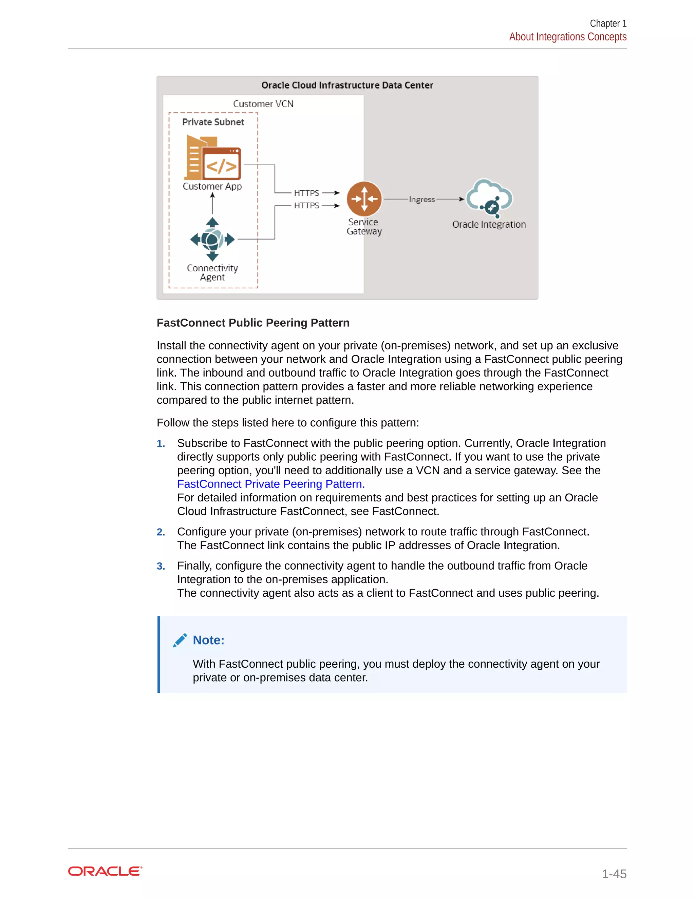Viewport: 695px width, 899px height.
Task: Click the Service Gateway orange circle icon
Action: pos(364,199)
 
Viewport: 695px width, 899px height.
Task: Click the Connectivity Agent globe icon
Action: pos(212,239)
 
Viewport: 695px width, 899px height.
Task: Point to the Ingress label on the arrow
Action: pos(421,199)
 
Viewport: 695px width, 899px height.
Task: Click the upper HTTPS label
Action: pos(306,193)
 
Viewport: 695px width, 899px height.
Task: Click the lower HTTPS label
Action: pos(306,205)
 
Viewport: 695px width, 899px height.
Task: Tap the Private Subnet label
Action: pos(213,122)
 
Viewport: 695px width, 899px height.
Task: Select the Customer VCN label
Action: pos(263,104)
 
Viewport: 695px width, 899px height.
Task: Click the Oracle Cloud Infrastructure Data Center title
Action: pos(347,85)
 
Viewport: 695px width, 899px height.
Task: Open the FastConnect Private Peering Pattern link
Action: pos(270,484)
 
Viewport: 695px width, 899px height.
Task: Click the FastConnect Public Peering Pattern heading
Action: pos(253,323)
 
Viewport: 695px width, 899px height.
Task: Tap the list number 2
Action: pos(161,532)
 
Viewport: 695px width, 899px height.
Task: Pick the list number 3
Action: pos(161,566)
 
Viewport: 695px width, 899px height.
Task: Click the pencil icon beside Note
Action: pos(180,640)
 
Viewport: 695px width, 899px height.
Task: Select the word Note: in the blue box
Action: pos(208,640)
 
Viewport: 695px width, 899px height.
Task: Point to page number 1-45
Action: pos(614,874)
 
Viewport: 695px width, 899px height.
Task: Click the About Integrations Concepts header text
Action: pos(567,37)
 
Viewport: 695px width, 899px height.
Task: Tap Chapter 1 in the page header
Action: pos(608,23)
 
